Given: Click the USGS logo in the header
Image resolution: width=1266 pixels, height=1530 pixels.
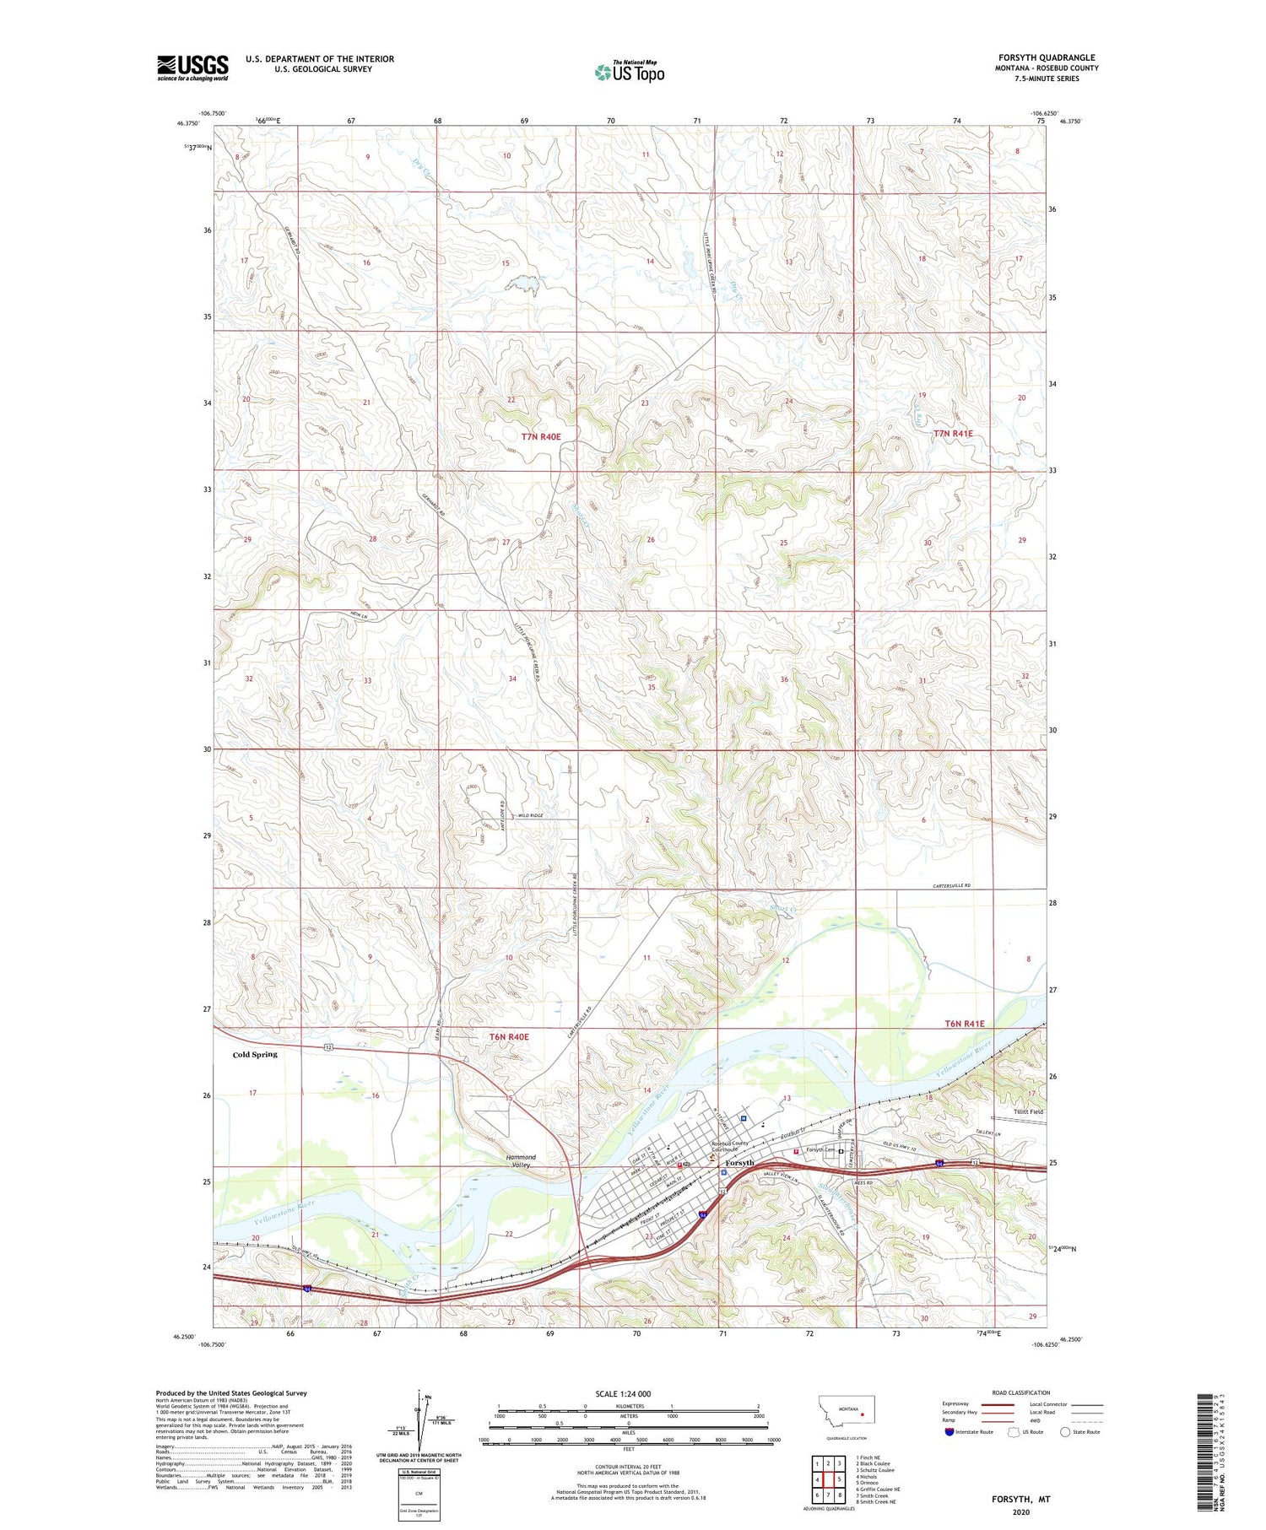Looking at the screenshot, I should click(x=192, y=68).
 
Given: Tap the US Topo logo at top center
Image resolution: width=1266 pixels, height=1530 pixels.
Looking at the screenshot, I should click(x=630, y=73).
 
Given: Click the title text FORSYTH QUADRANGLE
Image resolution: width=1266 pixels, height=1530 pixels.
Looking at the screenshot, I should click(x=1047, y=57).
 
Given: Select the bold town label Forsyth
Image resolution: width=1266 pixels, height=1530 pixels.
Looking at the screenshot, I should click(x=739, y=1163).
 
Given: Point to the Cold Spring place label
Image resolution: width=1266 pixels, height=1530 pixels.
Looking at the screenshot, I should click(x=255, y=1054).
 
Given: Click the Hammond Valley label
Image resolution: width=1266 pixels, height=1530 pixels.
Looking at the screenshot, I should click(x=521, y=1160).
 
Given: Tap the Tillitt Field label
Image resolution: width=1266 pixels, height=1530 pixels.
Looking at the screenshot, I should click(x=1028, y=1111).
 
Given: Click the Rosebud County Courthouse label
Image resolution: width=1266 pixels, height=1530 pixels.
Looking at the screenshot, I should click(x=729, y=1147).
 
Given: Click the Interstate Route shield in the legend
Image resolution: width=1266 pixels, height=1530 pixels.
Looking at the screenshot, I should click(x=949, y=1431).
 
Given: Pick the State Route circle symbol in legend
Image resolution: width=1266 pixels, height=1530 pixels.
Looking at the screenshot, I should click(x=1066, y=1431).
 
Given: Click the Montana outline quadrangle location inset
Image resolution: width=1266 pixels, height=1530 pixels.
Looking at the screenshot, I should click(x=854, y=1410).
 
